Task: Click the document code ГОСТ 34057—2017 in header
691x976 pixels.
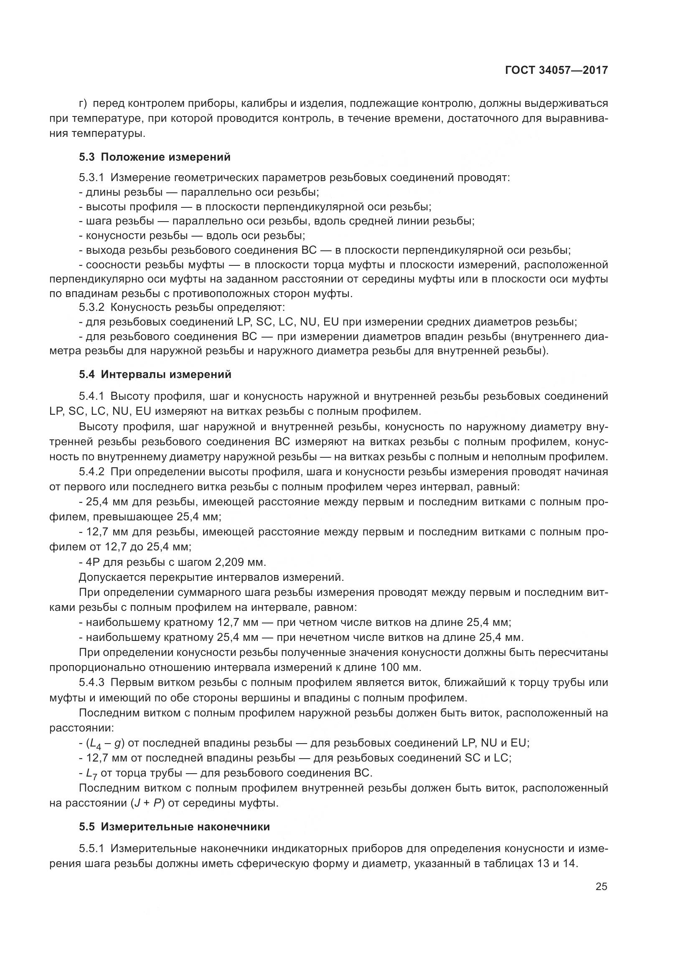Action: click(x=556, y=71)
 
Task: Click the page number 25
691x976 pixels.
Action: click(x=601, y=887)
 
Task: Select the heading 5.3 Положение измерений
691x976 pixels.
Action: click(x=155, y=157)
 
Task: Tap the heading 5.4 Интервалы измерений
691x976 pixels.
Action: click(x=155, y=374)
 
